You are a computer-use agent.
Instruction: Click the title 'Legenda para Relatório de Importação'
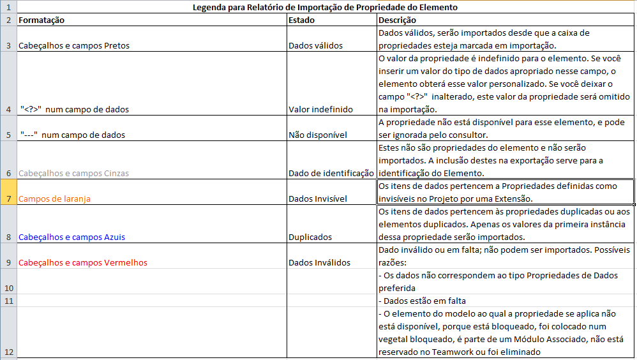tap(325, 8)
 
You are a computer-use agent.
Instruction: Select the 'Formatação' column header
tap(41, 20)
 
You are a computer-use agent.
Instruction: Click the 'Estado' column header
tap(301, 20)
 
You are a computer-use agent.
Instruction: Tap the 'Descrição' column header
tap(397, 20)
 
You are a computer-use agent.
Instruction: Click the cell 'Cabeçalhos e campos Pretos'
tap(75, 45)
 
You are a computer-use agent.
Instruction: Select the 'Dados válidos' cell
tap(315, 45)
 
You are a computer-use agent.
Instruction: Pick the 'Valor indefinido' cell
tap(320, 109)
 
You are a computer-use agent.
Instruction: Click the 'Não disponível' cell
tap(317, 135)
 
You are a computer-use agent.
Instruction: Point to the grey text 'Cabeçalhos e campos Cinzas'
tap(74, 173)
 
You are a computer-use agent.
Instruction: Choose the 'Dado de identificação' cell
tap(331, 173)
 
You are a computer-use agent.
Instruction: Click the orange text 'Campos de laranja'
tap(54, 199)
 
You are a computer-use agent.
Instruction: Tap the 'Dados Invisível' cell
tap(318, 199)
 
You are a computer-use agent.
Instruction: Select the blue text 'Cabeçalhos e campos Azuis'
tap(71, 237)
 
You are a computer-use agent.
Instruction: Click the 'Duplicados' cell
tap(310, 237)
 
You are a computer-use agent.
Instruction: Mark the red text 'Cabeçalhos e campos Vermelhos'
tap(83, 262)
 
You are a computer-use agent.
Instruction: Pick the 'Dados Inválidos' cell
tap(319, 262)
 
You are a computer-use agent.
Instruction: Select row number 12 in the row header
tap(8, 352)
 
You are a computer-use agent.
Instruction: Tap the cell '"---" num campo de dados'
tap(72, 135)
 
